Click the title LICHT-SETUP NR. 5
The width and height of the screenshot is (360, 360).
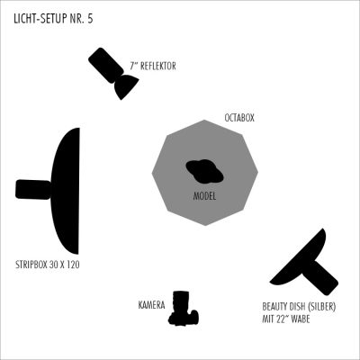pos(53,19)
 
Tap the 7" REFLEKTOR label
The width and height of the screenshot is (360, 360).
pos(153,66)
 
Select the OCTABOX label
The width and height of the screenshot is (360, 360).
pos(239,118)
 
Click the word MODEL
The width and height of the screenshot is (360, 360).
pos(204,196)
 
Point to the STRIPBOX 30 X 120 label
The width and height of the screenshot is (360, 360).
pos(48,265)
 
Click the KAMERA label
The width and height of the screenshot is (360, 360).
pos(151,305)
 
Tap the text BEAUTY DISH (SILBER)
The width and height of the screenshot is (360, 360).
pos(299,307)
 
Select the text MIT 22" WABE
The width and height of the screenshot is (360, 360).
pos(286,319)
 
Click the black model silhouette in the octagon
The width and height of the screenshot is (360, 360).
pos(205,171)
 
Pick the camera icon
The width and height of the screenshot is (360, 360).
pos(184,308)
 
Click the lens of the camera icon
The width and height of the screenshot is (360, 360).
pos(181,300)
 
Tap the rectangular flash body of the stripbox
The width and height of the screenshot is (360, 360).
pos(33,189)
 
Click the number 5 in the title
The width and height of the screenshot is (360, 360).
pos(90,19)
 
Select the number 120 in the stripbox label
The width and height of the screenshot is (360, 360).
pos(73,265)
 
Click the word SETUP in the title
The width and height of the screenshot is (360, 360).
pos(49,19)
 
